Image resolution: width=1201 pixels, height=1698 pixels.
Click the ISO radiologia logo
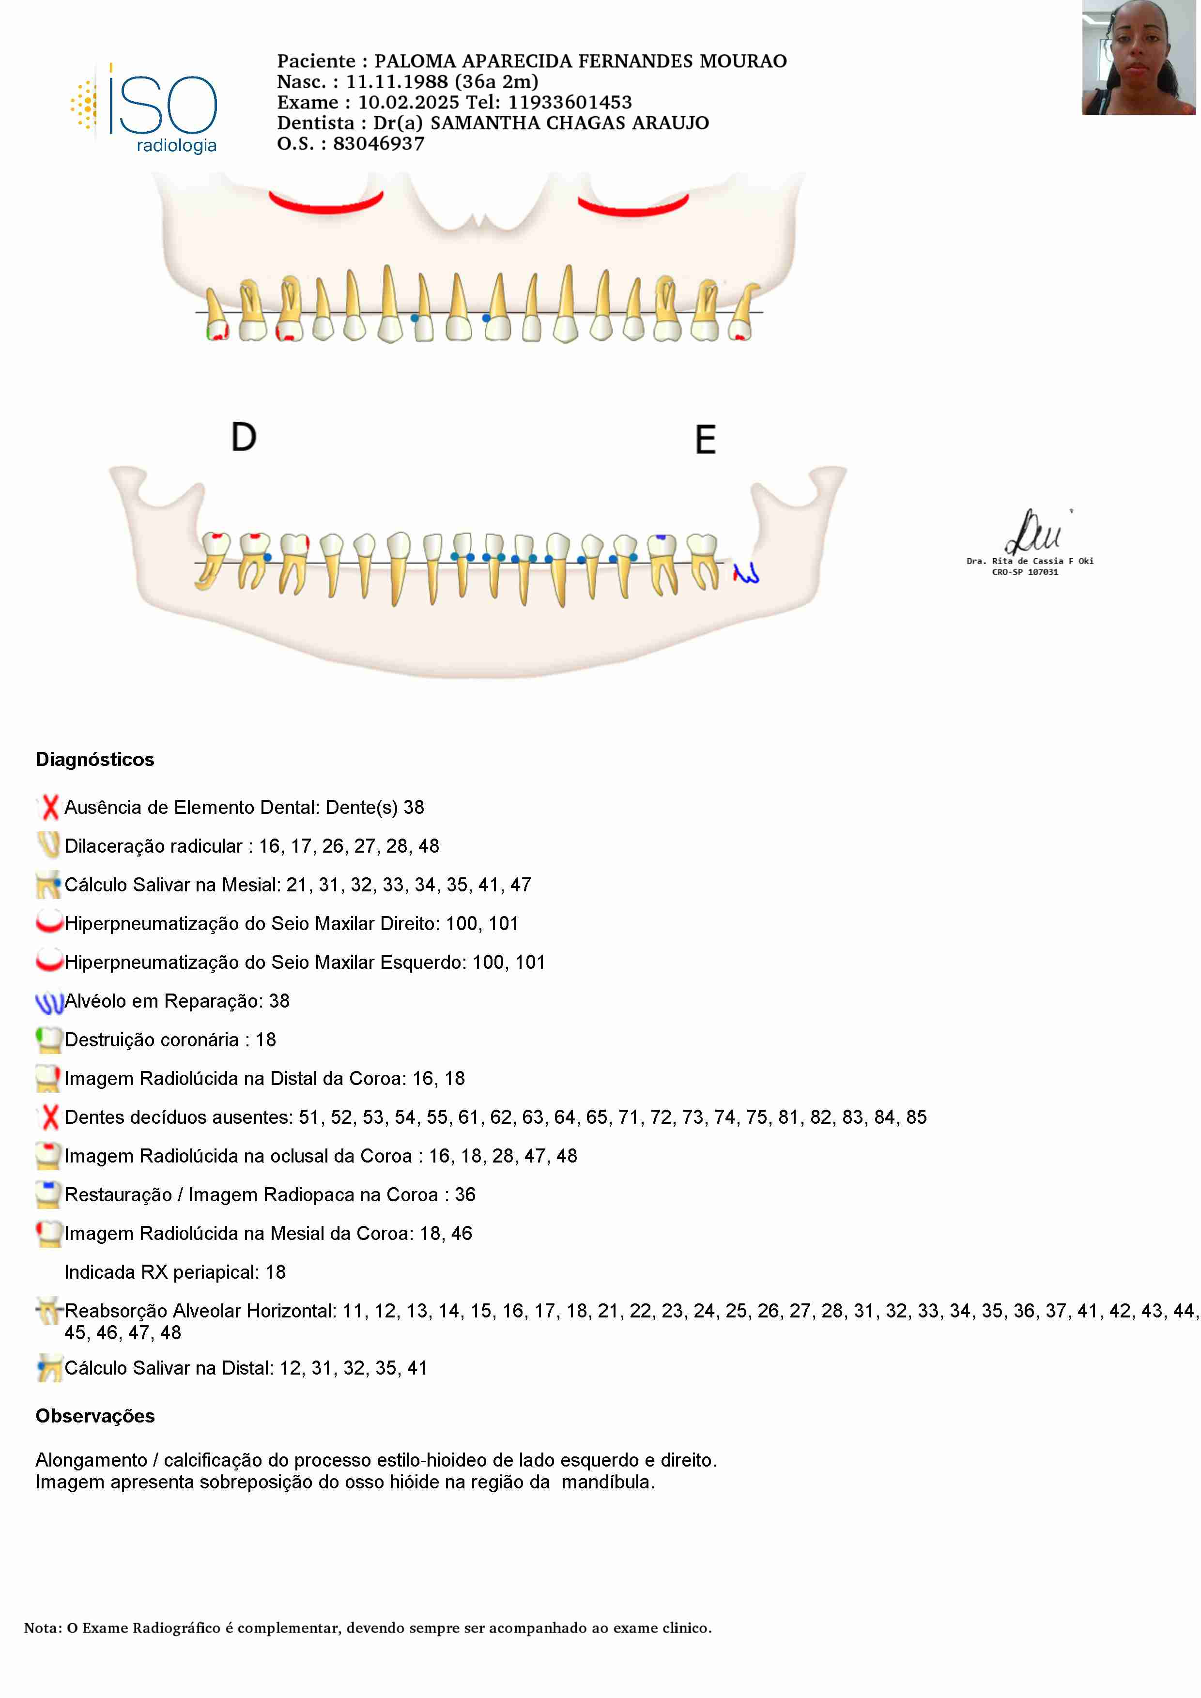pos(145,109)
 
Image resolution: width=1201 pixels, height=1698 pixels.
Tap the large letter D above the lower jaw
pos(243,437)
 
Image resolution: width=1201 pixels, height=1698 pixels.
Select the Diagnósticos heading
pos(94,760)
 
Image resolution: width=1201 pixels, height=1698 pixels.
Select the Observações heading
pos(94,1416)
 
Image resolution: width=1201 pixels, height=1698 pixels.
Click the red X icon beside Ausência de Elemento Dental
pos(49,807)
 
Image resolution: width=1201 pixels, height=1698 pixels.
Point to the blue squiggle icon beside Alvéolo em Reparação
pos(49,1002)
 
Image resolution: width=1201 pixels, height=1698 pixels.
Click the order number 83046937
pos(379,143)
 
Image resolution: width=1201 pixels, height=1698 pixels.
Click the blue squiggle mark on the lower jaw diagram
pos(746,573)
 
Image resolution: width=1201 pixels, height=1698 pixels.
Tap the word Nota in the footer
pos(42,1628)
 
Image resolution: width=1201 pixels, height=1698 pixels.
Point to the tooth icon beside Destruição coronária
pos(49,1040)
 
